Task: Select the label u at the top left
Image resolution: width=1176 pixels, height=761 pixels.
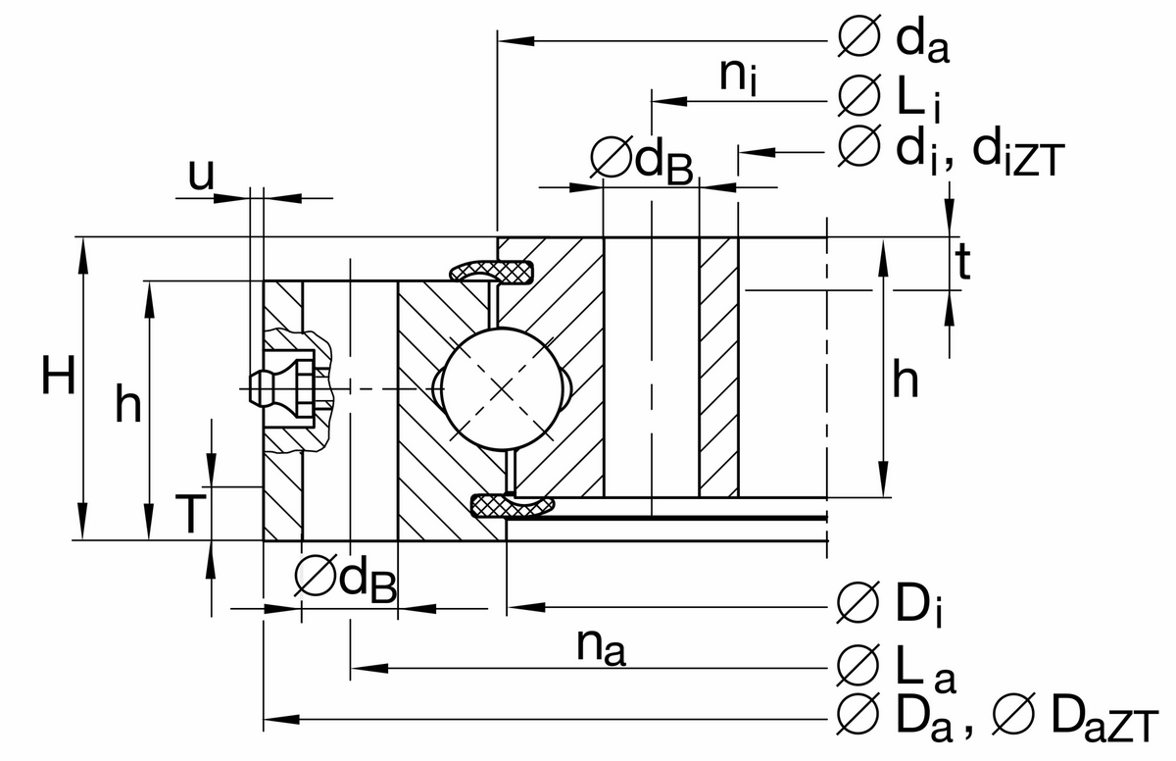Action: tap(200, 176)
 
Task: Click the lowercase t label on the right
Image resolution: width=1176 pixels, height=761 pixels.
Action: tap(963, 262)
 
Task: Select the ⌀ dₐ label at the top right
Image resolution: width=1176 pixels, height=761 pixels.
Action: tap(894, 40)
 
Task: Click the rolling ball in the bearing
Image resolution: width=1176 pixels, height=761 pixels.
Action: tap(502, 389)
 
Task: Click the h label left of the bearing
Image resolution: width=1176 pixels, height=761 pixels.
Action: tap(127, 403)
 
